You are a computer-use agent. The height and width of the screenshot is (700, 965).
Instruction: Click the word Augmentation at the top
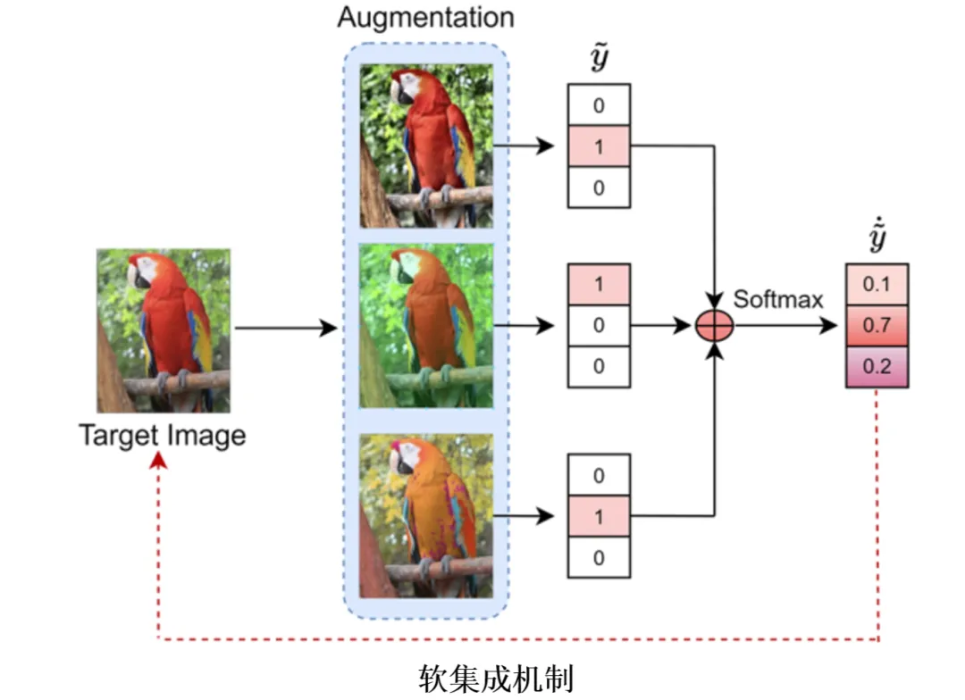(425, 17)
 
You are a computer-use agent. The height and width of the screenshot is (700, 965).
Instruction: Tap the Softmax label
(778, 299)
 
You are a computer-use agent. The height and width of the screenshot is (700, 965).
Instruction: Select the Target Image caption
(162, 436)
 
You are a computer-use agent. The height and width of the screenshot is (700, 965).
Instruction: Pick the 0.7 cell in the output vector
(877, 325)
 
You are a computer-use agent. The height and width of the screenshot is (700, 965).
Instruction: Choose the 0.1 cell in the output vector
(877, 284)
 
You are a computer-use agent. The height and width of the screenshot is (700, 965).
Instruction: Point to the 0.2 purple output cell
(877, 367)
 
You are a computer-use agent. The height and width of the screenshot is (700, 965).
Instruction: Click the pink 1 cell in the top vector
(599, 146)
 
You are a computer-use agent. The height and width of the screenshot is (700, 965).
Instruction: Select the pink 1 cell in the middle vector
(599, 284)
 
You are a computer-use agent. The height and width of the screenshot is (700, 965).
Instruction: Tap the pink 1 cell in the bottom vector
(599, 516)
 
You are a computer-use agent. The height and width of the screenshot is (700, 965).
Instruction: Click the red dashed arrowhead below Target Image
(159, 458)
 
